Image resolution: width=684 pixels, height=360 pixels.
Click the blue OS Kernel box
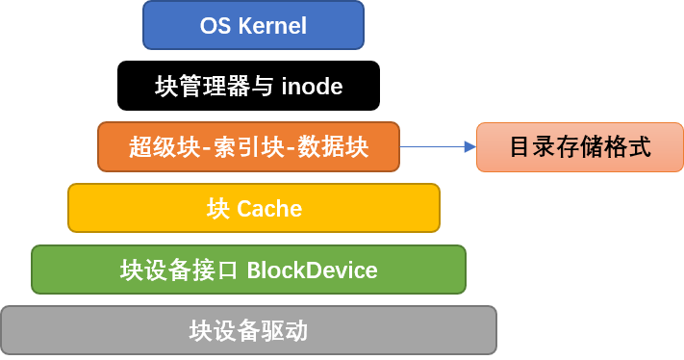[253, 25]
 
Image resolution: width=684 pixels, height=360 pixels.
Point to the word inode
[313, 87]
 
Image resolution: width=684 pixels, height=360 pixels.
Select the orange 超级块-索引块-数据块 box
[248, 146]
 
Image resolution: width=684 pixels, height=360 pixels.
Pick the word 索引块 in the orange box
[248, 147]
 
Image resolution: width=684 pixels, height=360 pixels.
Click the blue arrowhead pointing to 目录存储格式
[469, 147]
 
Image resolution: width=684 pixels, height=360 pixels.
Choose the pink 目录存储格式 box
[579, 147]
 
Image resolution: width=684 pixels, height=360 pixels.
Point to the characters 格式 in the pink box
[627, 147]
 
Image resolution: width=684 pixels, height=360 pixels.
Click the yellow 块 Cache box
[253, 208]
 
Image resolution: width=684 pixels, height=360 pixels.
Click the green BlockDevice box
[248, 270]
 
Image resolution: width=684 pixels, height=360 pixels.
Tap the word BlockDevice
[312, 270]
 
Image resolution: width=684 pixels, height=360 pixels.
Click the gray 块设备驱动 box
[248, 331]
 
